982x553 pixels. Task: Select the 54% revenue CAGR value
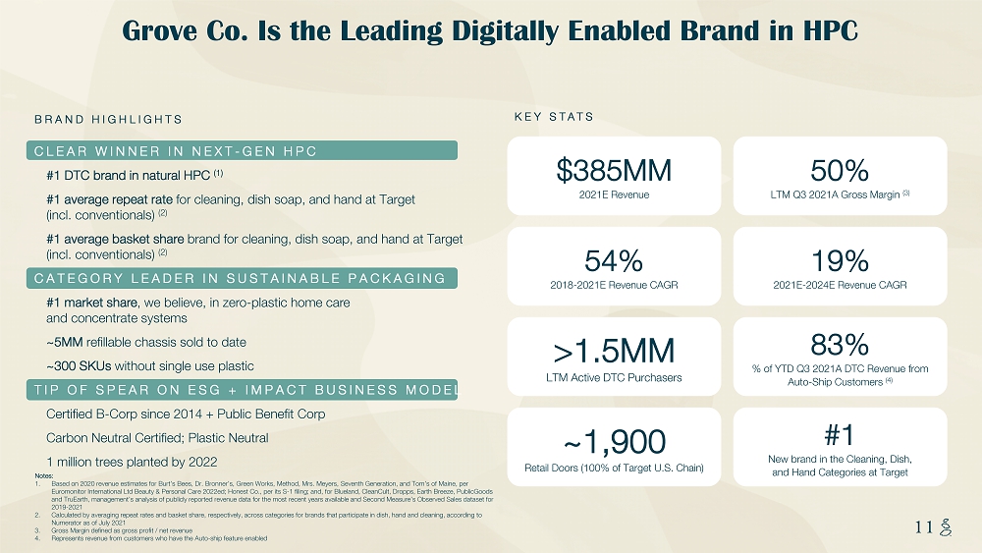(x=614, y=260)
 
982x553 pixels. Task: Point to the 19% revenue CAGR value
(x=840, y=260)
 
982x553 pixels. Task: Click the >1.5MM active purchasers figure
(x=614, y=351)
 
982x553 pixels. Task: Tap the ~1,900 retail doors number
(x=614, y=441)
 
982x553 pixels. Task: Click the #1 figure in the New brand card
(x=840, y=434)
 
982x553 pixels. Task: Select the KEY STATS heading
(x=554, y=117)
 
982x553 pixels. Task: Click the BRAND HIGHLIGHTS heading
(x=108, y=120)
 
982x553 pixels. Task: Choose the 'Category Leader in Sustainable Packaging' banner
(x=245, y=278)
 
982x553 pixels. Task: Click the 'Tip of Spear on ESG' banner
(x=245, y=390)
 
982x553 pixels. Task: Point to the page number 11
(x=922, y=526)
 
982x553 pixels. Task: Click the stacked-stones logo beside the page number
(x=947, y=527)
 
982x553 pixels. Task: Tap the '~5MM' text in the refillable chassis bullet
(x=63, y=342)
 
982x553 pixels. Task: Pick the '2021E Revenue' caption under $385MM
(x=614, y=194)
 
